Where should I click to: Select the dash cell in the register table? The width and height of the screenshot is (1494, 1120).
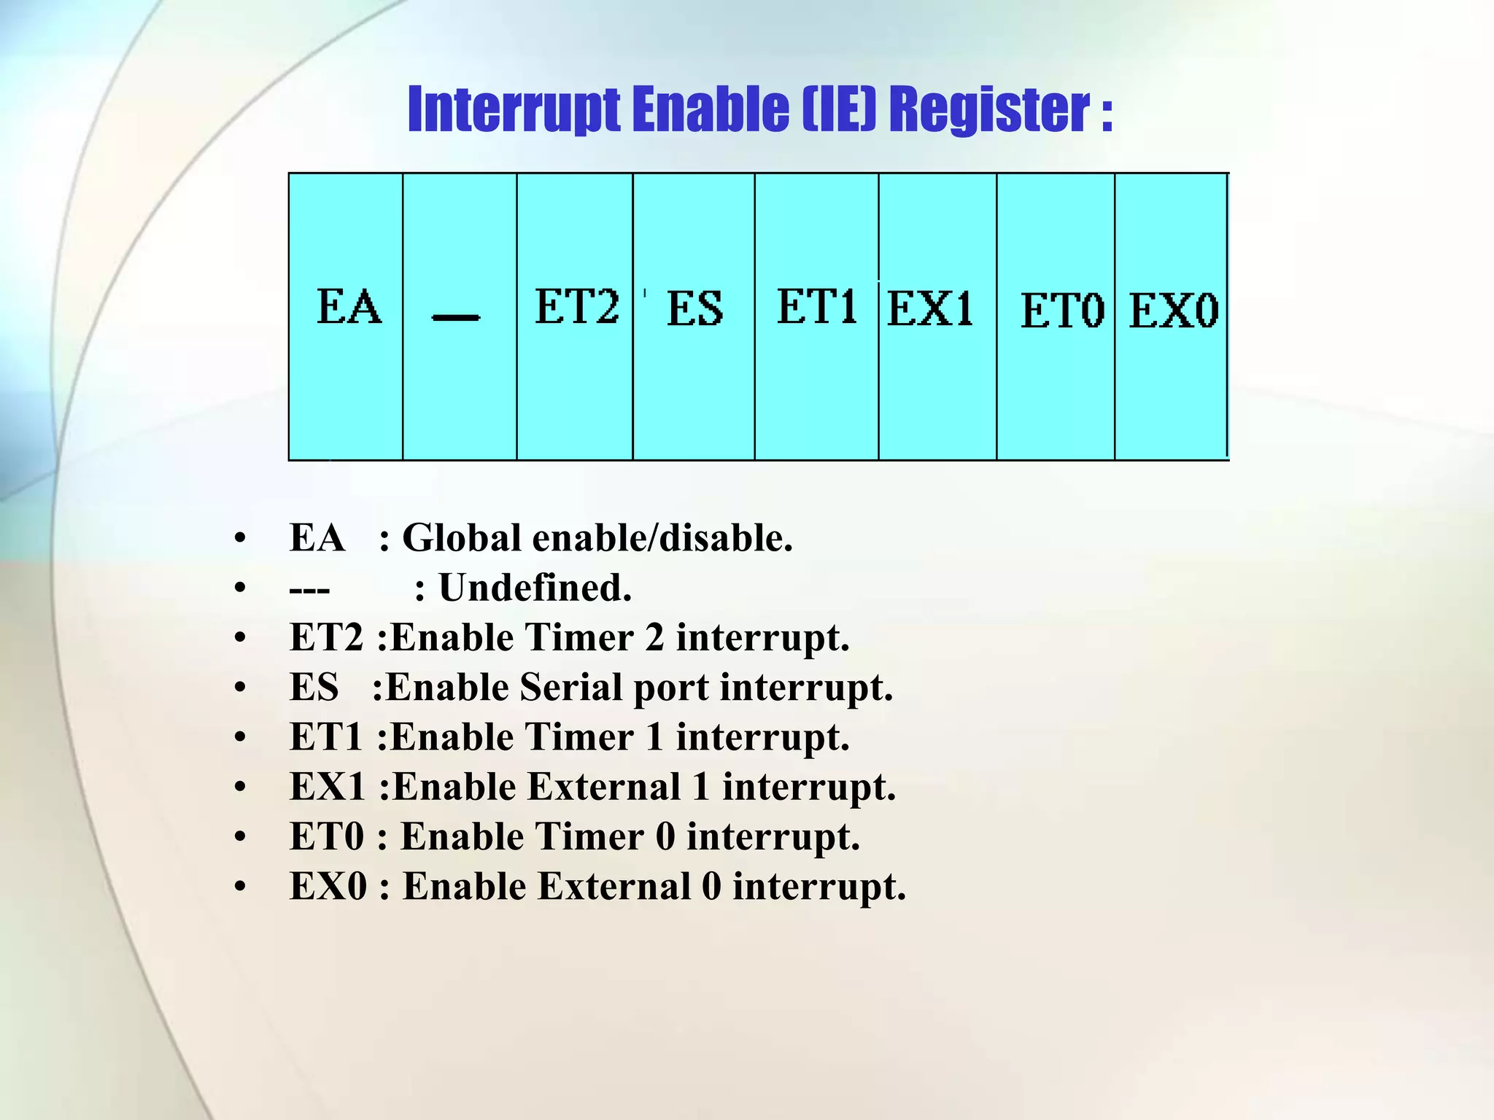coord(460,316)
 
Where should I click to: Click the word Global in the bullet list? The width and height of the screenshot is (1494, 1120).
coord(462,538)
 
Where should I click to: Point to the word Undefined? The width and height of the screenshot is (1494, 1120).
coord(534,588)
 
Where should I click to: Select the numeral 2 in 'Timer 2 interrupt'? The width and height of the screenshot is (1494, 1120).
coord(654,638)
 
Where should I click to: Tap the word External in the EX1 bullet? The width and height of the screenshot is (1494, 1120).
coord(603,787)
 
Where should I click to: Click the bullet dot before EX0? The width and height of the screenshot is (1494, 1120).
coord(240,887)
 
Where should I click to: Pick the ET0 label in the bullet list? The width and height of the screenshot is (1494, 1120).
coord(326,837)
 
